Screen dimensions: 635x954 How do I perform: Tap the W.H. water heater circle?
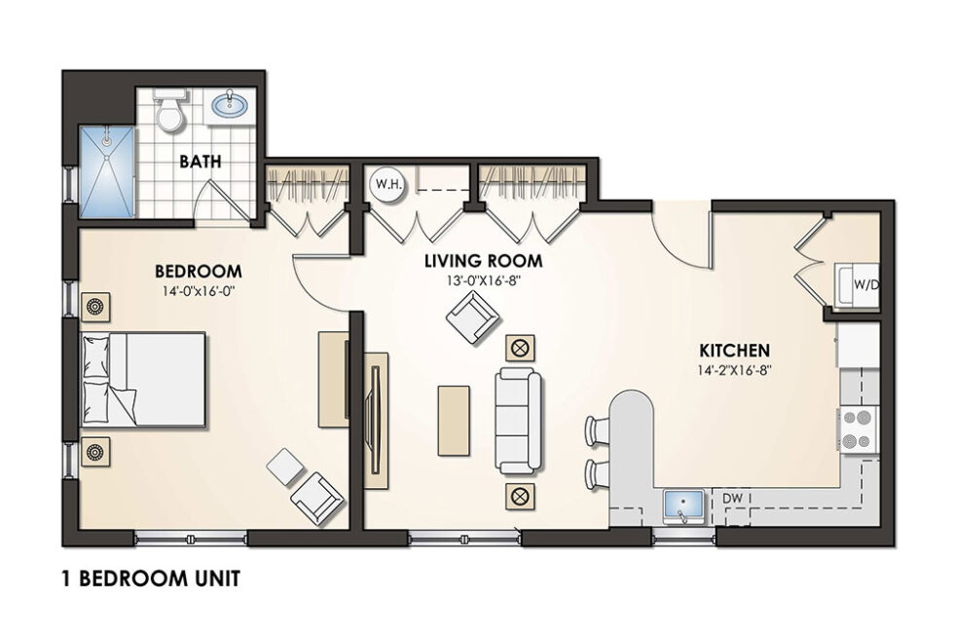[381, 184]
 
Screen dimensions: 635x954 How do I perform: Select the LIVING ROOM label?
[483, 262]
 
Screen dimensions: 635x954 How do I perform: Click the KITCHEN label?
[735, 350]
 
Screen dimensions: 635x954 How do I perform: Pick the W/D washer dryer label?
[865, 285]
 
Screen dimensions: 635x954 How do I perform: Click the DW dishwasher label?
[734, 498]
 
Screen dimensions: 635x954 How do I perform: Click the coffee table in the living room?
[453, 419]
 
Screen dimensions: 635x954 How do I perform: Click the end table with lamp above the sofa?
[518, 346]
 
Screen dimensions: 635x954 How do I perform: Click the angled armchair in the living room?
[473, 318]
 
